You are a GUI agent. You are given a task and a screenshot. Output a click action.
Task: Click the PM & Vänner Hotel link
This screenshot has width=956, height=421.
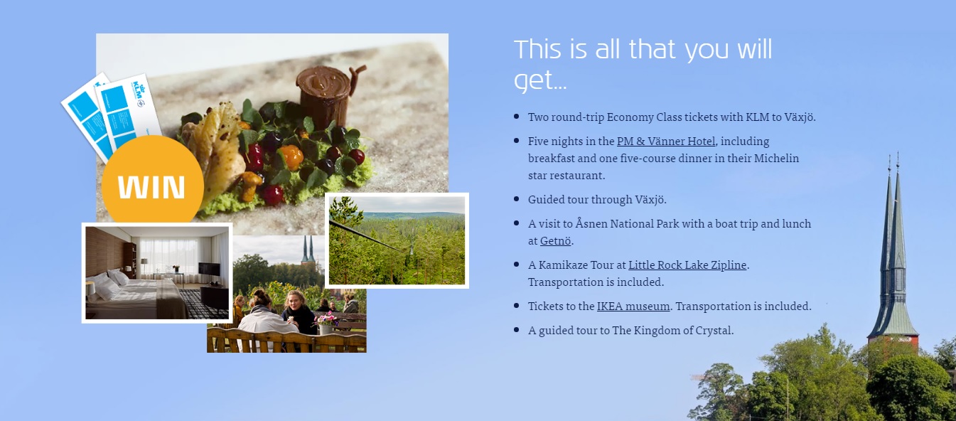click(x=666, y=142)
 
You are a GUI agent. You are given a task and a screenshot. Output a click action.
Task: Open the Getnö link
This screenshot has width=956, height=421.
click(x=555, y=241)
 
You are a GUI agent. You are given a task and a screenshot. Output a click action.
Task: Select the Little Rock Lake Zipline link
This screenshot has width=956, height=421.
click(x=687, y=265)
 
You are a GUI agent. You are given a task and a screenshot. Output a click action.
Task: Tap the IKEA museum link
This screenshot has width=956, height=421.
click(x=633, y=306)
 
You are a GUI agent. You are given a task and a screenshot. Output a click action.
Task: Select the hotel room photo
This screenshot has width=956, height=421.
click(x=157, y=273)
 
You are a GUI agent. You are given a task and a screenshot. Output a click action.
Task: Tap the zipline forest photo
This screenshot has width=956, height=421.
click(x=397, y=240)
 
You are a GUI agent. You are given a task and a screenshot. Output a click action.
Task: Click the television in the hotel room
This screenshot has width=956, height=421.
click(x=209, y=269)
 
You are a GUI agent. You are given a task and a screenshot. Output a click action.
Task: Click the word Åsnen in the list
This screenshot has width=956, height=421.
click(x=591, y=223)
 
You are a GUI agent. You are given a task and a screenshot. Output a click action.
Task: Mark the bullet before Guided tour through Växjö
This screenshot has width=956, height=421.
click(x=517, y=199)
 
